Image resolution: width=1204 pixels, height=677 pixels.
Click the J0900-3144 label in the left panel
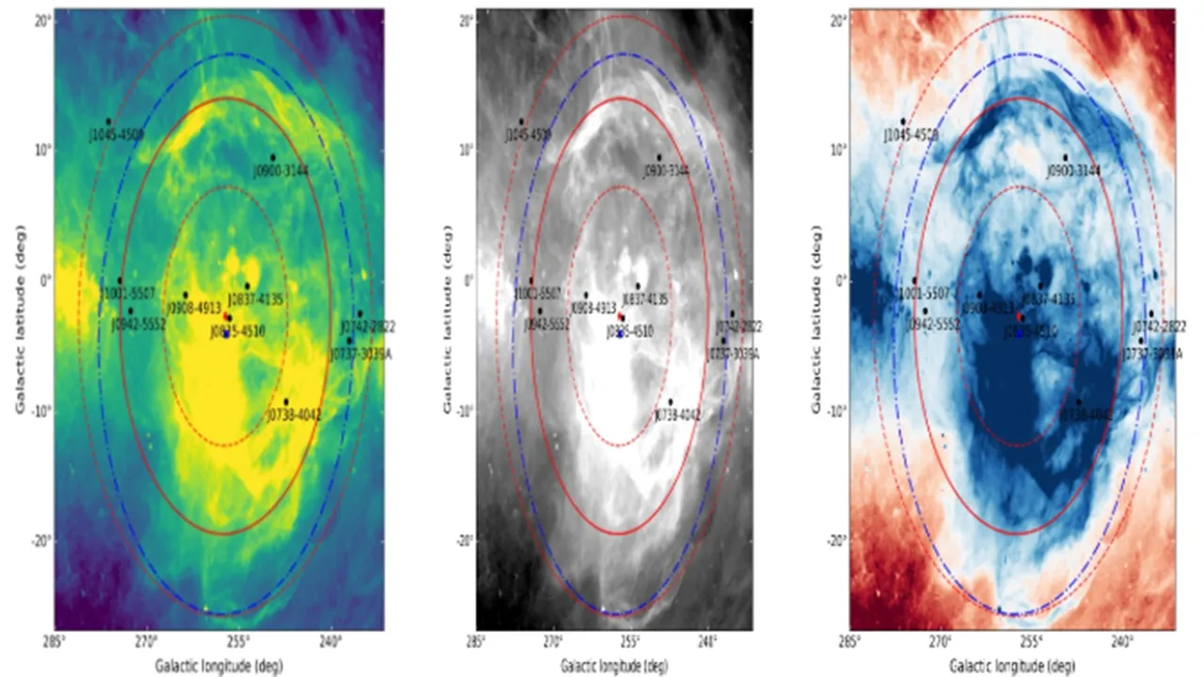280,170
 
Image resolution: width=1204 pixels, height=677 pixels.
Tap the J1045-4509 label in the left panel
117,134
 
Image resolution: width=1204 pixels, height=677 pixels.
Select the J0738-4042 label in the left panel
294,415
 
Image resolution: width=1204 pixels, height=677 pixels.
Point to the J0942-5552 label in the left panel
139,323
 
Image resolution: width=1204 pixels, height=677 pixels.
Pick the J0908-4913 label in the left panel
194,307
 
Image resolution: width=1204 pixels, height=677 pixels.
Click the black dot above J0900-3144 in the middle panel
658,158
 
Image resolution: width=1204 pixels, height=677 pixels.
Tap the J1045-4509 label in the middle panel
528,135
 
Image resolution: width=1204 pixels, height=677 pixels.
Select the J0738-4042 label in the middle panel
676,415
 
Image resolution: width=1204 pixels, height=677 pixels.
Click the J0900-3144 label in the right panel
1073,170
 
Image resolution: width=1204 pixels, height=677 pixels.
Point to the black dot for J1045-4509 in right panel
903,121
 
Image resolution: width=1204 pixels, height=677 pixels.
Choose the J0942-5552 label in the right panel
933,323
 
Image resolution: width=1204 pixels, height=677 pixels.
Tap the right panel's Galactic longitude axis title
1011,666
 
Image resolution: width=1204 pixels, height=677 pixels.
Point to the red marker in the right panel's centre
1021,317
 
